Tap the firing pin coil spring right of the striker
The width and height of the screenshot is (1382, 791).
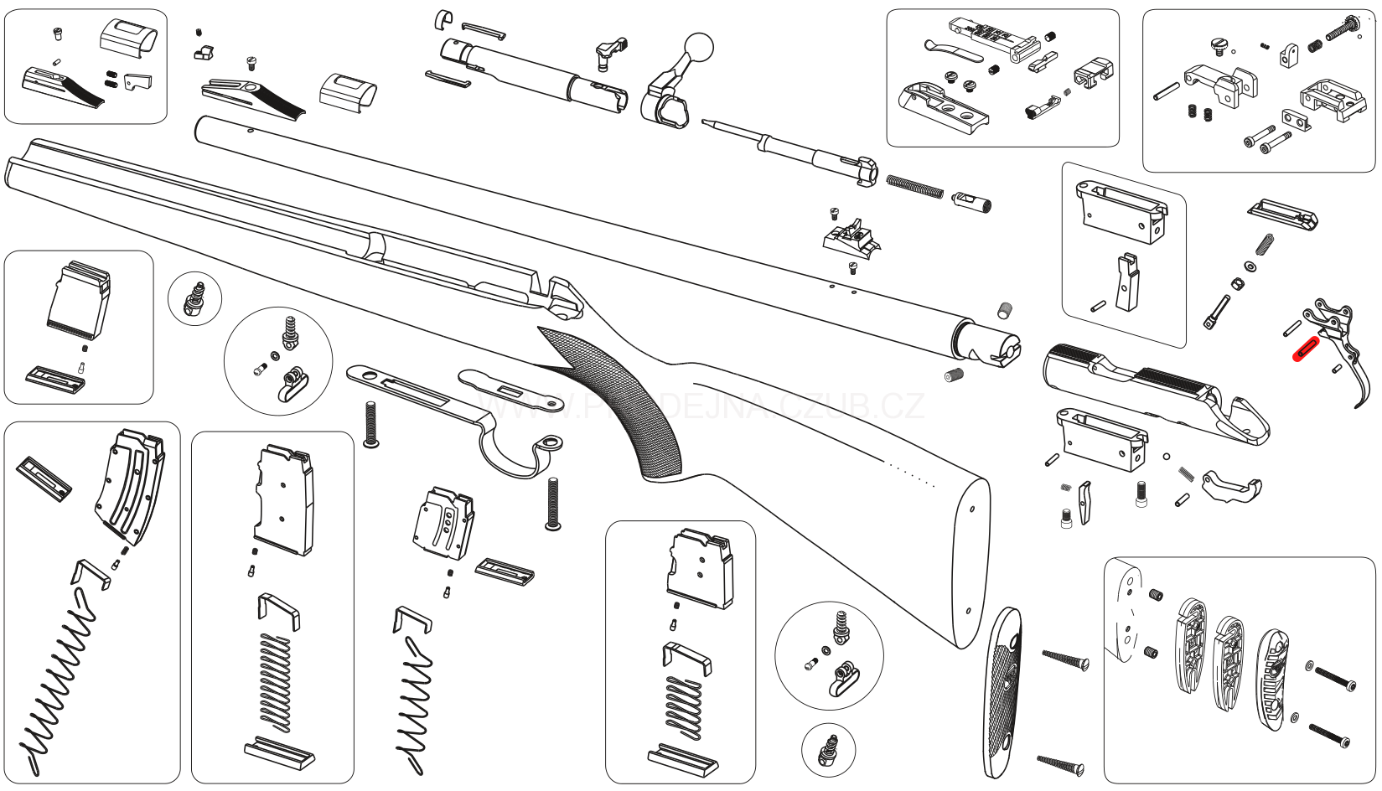point(914,185)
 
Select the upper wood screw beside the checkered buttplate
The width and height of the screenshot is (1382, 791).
point(1065,659)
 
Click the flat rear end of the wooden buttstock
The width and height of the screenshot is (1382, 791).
point(972,561)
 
